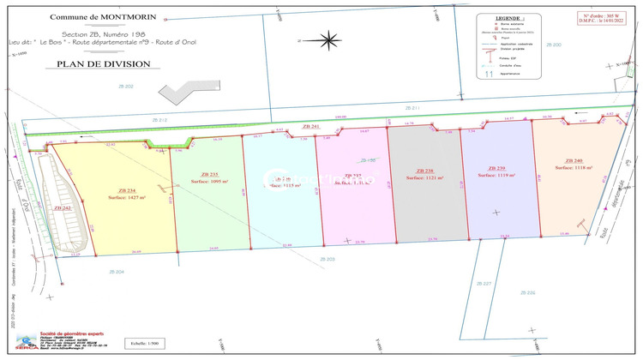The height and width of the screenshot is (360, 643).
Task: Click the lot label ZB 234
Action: pos(126,190)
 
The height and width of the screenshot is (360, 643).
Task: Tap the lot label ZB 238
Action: pos(424,171)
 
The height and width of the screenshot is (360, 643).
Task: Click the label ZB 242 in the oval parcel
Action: pos(63,207)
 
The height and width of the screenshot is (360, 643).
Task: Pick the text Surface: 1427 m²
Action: pos(127,198)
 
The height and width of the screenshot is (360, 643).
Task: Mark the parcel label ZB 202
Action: pos(123,87)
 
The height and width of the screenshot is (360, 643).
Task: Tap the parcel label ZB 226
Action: pos(527,293)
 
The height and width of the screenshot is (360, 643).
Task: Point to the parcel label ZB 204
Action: pos(117,271)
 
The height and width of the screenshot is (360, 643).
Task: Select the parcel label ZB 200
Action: pos(553,45)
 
